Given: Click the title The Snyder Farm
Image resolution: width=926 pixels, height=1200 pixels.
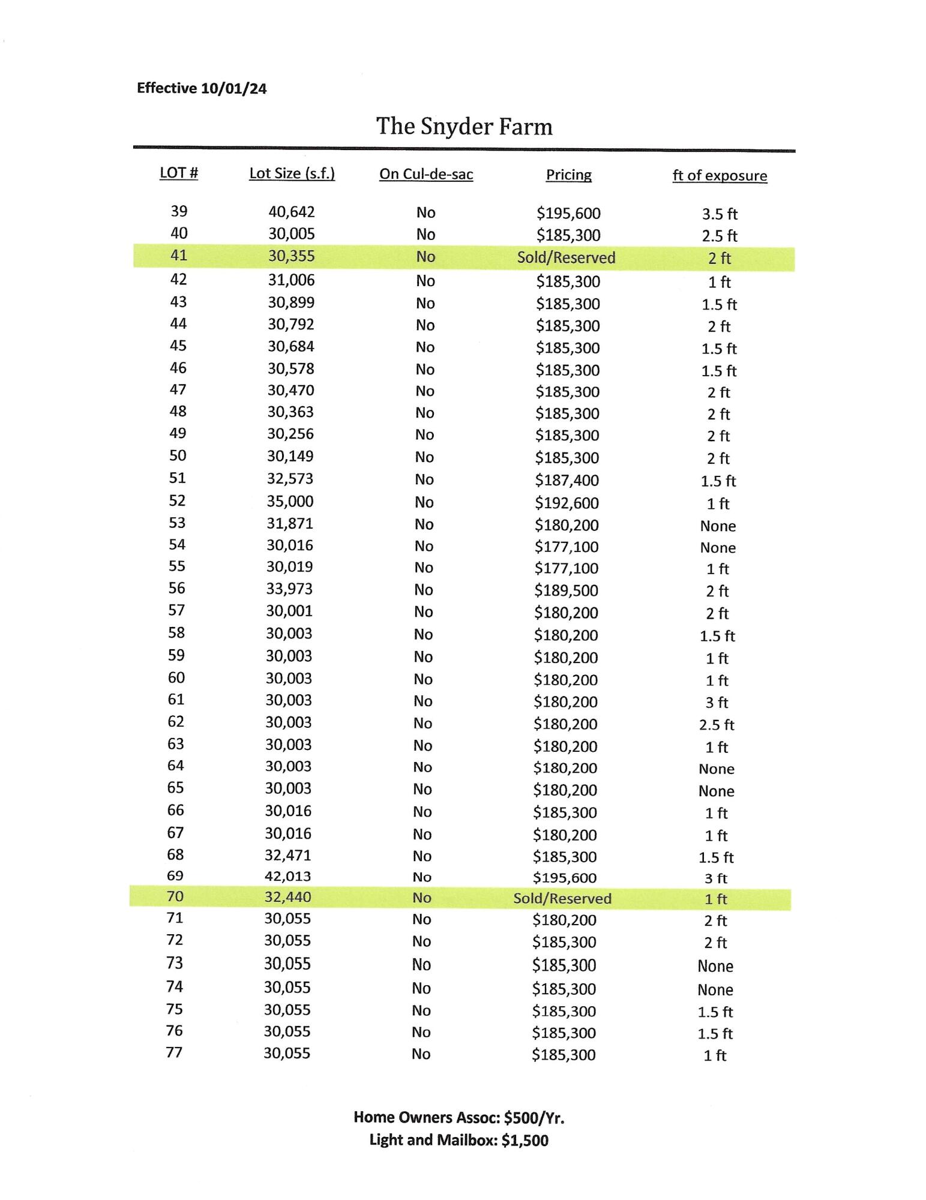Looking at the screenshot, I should click(464, 127).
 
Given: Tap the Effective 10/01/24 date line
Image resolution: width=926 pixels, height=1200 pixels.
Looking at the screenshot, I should click(202, 88).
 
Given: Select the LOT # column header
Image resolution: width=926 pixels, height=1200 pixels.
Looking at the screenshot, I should click(179, 173).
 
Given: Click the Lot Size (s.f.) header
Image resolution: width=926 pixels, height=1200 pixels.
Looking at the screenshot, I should click(292, 173).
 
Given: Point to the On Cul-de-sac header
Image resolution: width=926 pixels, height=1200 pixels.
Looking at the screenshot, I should click(426, 175).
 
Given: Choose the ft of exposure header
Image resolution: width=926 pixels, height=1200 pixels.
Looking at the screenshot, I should click(720, 176).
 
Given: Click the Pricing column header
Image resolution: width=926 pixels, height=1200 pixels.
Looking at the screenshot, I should click(568, 175).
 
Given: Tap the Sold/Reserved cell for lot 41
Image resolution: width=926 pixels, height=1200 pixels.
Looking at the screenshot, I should click(566, 258).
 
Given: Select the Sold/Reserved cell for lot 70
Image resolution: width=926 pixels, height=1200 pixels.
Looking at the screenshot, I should click(562, 898).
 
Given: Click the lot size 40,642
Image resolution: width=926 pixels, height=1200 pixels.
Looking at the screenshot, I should click(291, 212).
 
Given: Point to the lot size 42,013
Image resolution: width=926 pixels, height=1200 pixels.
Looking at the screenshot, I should click(288, 877).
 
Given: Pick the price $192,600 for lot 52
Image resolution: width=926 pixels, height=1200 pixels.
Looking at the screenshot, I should click(567, 503).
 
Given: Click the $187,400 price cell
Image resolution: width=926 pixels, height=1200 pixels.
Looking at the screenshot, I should click(567, 480).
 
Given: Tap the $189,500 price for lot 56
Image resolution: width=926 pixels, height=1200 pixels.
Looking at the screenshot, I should click(566, 590).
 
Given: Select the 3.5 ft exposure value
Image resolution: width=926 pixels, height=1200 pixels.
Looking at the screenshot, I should click(720, 214).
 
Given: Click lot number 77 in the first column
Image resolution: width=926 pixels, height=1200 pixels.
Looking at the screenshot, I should click(174, 1052).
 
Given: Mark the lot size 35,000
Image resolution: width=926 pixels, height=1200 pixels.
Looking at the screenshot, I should click(290, 502).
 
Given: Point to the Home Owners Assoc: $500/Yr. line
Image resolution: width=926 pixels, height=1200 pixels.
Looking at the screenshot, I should click(458, 1117).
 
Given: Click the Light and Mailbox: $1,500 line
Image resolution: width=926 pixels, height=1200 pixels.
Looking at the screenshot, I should click(458, 1140).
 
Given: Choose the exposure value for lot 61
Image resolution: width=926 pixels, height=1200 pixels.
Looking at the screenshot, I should click(717, 703).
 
